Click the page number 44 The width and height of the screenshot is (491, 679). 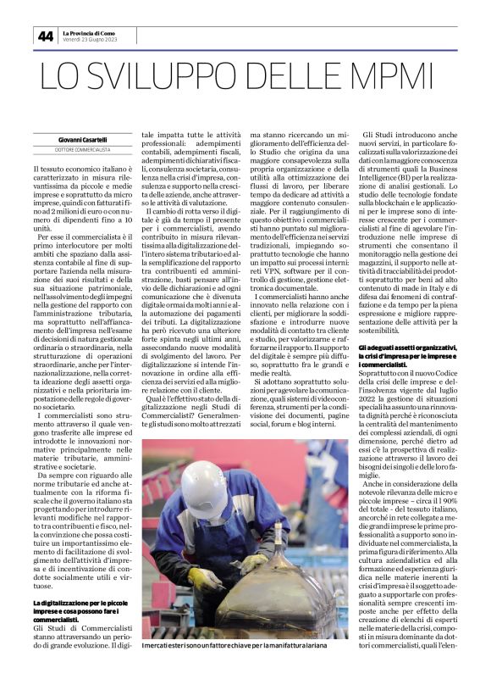[45, 36]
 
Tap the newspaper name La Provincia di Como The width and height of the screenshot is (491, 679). [91, 32]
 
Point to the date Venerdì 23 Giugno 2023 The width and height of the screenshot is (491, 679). [91, 40]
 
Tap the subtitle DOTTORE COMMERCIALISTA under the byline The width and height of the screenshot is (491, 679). [85, 151]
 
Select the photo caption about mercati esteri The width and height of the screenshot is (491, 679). [245, 648]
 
